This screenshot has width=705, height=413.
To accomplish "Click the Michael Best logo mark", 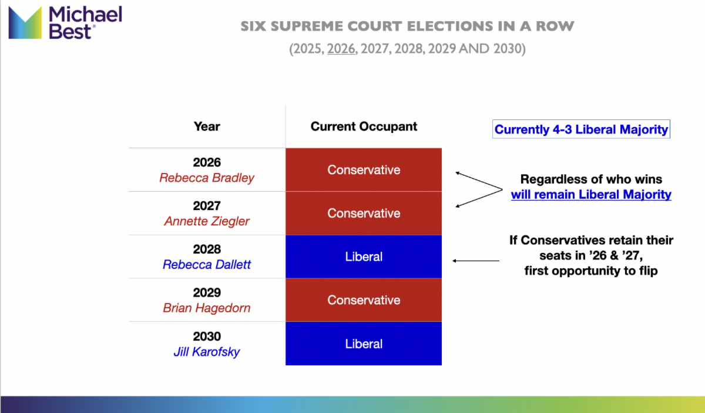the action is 25,22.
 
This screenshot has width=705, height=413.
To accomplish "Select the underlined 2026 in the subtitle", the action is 341,49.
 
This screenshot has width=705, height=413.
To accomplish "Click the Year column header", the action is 207,126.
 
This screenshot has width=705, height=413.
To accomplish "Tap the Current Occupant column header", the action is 364,126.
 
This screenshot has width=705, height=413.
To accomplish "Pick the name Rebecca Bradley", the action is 207,178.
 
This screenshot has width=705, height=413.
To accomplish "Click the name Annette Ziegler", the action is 207,221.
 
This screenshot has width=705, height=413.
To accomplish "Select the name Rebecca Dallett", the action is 207,265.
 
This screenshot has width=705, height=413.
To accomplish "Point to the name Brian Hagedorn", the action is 207,308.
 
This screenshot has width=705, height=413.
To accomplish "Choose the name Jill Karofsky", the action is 207,352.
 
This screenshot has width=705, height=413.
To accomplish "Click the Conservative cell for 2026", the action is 364,170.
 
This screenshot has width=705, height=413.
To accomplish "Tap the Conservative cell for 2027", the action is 364,213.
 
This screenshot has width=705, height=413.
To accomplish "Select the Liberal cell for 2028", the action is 364,257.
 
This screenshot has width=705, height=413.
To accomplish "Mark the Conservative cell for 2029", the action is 364,300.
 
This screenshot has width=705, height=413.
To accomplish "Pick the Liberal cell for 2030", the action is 364,344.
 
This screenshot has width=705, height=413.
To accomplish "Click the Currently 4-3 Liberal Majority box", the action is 581,129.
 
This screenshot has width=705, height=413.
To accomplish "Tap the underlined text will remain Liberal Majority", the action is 591,195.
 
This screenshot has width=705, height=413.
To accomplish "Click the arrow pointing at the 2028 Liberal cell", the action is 476,261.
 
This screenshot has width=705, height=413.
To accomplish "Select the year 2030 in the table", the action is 207,337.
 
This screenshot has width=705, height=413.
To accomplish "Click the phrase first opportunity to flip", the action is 591,271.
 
